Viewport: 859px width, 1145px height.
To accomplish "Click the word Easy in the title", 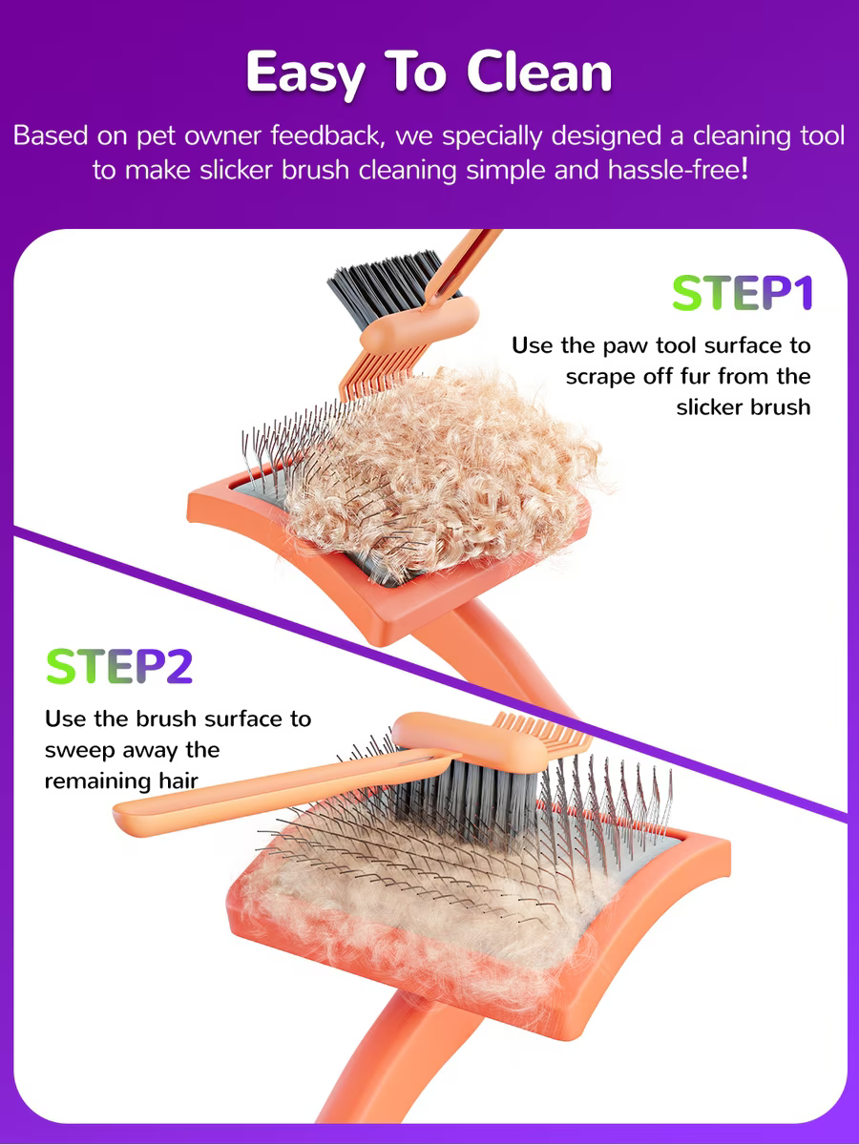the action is point(305,73).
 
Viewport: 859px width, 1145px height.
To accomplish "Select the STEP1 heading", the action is point(743,293).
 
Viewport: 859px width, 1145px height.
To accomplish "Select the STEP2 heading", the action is point(119,666).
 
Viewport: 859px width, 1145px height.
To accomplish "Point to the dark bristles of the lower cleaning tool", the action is point(472,793).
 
